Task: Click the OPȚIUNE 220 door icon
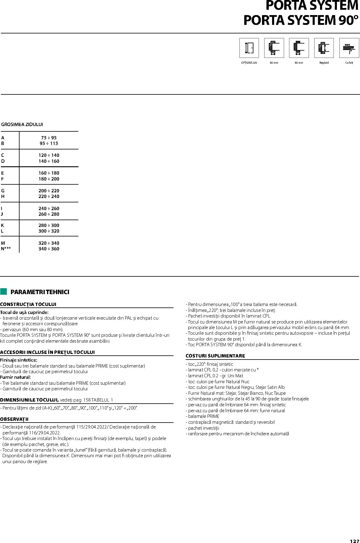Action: coord(249,48)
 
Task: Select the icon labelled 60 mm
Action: coord(274,48)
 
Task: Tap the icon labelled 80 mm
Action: coord(299,48)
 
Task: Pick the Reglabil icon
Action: coord(324,48)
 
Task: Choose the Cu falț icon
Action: coord(349,48)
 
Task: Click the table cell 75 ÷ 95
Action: coord(49,138)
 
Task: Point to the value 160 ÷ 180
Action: coord(49,173)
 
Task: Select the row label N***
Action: coord(6,249)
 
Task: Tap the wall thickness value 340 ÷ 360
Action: coord(49,249)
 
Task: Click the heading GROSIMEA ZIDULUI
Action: coord(22,125)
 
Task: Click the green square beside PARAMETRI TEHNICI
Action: coord(4,291)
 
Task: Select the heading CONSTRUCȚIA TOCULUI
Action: coord(28,304)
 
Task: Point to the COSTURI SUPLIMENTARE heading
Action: coord(215,356)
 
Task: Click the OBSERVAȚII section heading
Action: coord(14,419)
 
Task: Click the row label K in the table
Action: coord(2,225)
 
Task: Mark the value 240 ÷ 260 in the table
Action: coord(49,208)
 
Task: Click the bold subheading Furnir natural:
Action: coord(15,377)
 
